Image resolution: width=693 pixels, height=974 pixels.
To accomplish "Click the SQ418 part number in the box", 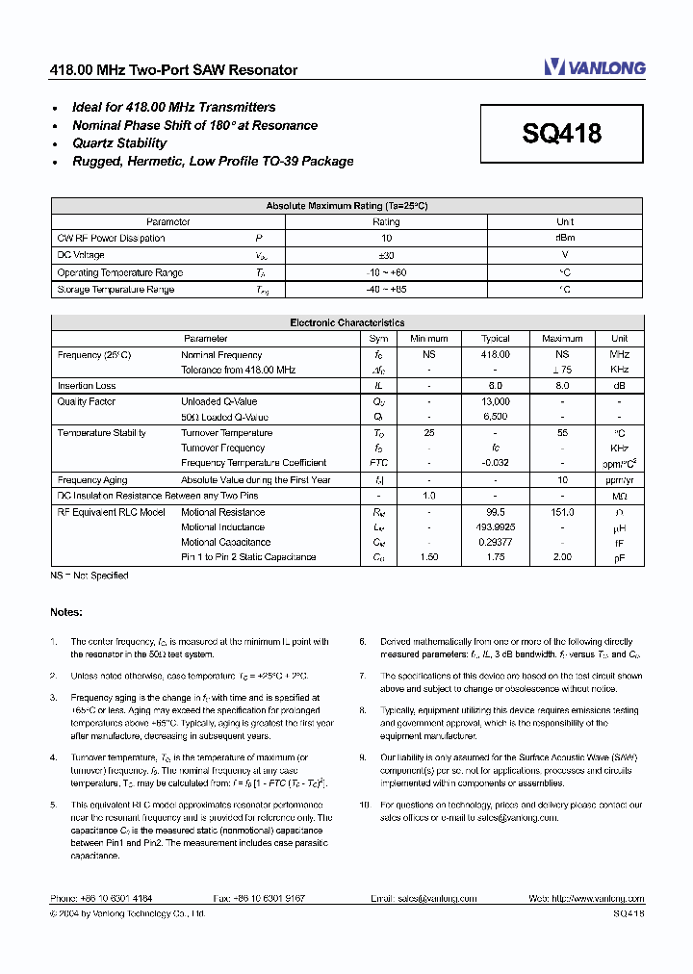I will tap(562, 134).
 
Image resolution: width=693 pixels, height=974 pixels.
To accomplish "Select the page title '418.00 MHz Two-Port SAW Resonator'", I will tap(173, 70).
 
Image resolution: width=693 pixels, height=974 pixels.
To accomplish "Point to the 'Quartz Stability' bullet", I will tap(119, 143).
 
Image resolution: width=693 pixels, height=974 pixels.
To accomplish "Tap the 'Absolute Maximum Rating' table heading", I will tap(346, 206).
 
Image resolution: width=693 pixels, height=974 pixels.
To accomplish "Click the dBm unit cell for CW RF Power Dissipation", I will tap(565, 239).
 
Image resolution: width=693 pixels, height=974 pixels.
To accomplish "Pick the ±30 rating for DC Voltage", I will tap(386, 256).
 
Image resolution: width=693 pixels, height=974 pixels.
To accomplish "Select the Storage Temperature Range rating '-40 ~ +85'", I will tap(386, 290).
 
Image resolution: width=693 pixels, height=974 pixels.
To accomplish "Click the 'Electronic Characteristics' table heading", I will tap(346, 323).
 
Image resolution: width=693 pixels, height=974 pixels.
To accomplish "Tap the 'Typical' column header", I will tap(496, 339).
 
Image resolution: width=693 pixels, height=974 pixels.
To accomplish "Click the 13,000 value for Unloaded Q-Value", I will tap(496, 401).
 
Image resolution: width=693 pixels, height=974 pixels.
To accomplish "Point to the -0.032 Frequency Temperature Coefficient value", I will tap(496, 463).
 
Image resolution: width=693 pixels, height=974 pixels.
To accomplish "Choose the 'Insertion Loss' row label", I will tap(87, 386).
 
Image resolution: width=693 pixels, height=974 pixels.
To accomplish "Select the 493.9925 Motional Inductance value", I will tap(496, 527).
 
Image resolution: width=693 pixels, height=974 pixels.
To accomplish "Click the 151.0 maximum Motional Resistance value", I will tap(562, 512).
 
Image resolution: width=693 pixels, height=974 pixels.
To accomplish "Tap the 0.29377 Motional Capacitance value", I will tap(496, 542).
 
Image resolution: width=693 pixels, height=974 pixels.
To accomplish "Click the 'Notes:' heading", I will tap(66, 612).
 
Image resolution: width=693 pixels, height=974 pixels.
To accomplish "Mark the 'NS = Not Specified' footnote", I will tap(89, 576).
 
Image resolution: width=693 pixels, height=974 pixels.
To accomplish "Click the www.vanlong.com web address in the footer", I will tap(603, 898).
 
